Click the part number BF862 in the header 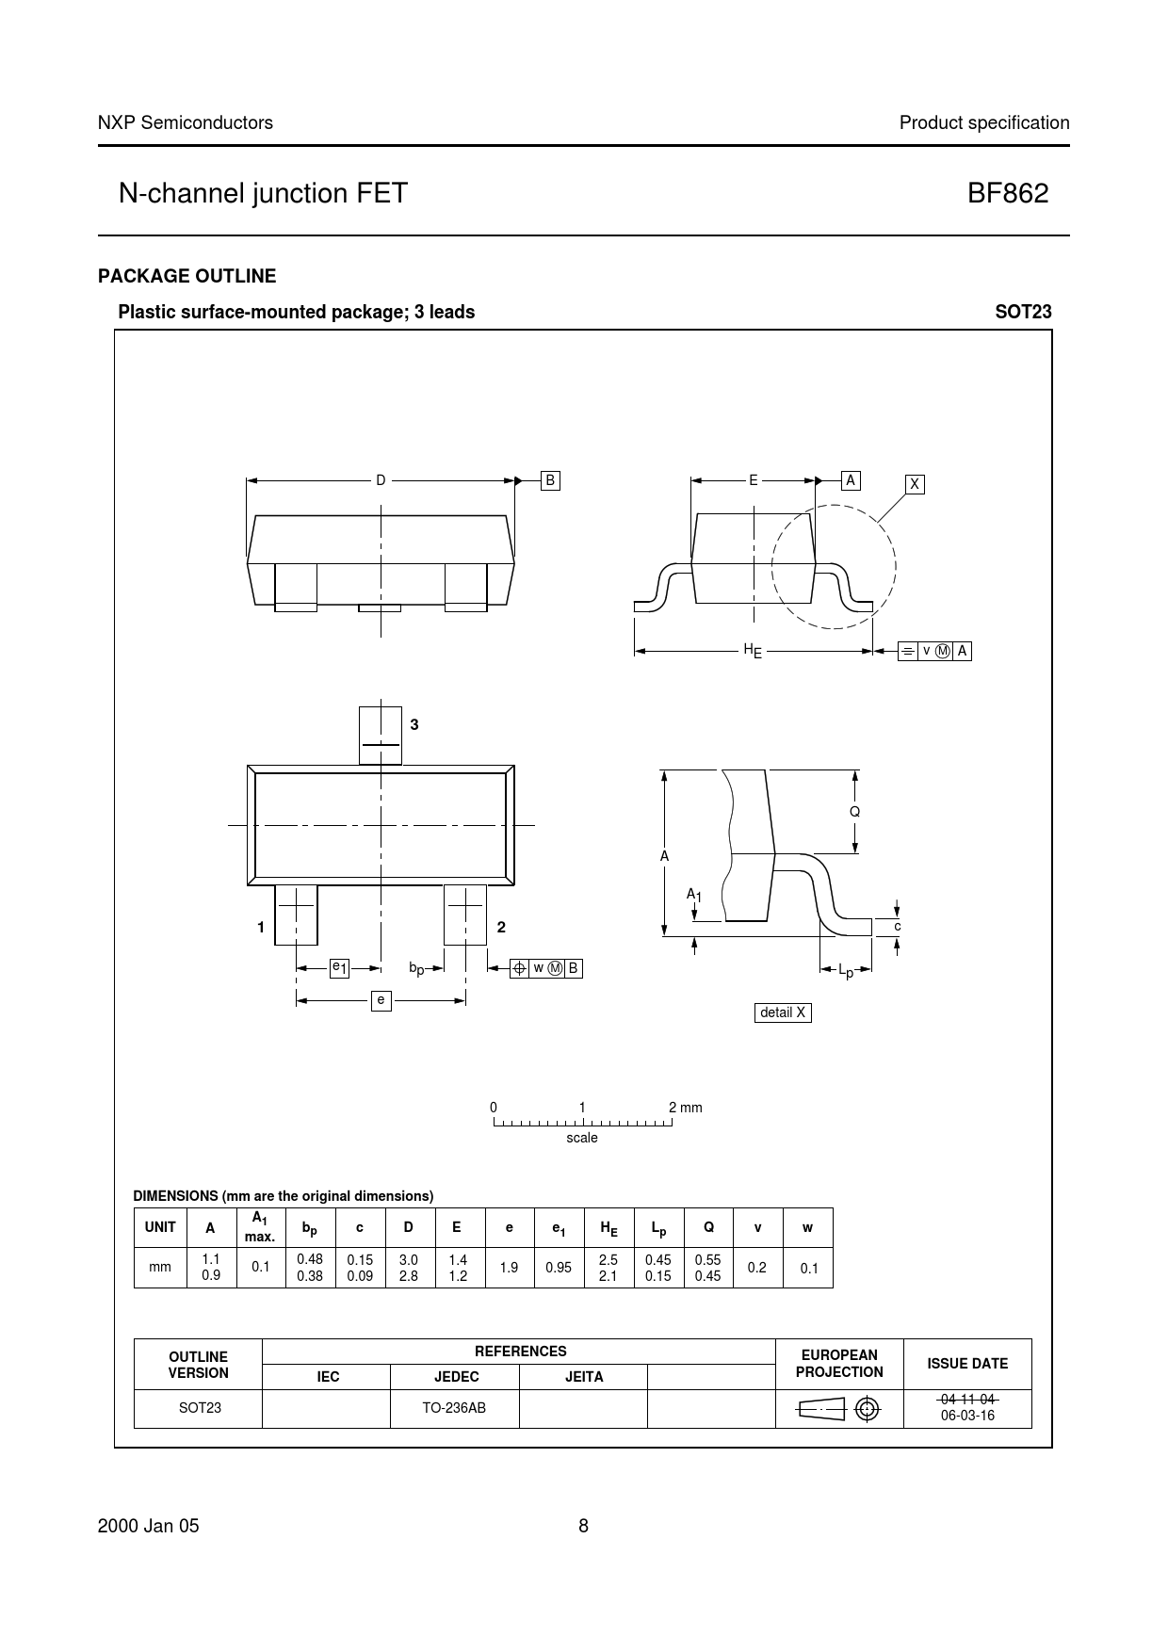(1007, 193)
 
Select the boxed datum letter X (914, 484)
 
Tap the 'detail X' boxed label (783, 1012)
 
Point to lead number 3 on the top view (414, 724)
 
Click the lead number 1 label (261, 927)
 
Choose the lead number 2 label (501, 927)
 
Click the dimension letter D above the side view (381, 480)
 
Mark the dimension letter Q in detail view (854, 811)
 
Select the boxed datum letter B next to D (550, 480)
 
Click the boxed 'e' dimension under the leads (381, 999)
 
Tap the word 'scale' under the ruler (582, 1138)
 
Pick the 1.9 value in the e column (509, 1268)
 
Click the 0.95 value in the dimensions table (559, 1268)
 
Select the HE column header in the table (608, 1228)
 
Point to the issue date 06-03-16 (967, 1415)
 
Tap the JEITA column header (583, 1376)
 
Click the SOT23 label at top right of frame (1023, 312)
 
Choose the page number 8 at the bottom (583, 1527)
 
